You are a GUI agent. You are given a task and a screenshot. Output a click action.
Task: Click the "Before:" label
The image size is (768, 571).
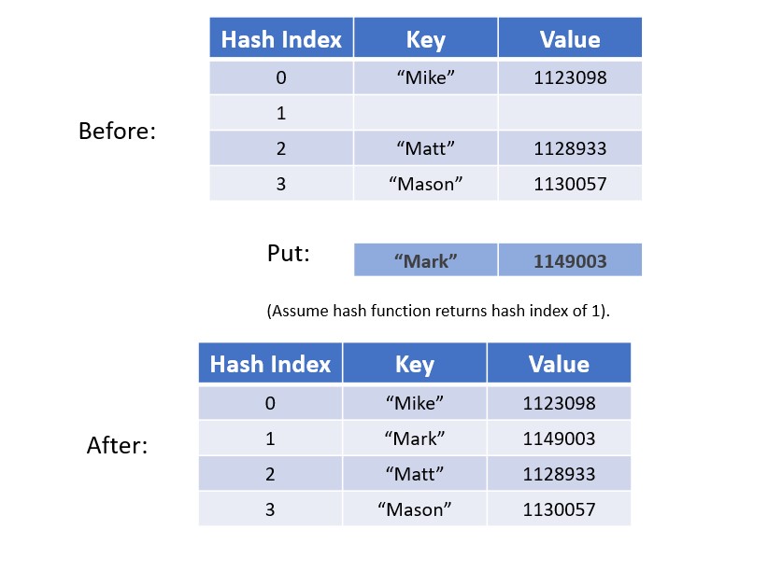[x=117, y=132]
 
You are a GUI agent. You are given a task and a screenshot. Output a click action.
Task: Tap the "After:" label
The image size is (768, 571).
[x=117, y=445]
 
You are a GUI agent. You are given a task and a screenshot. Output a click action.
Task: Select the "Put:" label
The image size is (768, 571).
[x=289, y=254]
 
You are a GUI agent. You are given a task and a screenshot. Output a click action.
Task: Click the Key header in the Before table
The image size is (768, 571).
[x=426, y=39]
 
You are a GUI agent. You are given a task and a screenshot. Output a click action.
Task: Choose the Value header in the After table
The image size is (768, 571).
[x=559, y=364]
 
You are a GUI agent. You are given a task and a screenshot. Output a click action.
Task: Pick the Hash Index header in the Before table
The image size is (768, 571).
[x=281, y=39]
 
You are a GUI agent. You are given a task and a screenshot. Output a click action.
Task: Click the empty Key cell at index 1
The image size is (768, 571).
[x=426, y=113]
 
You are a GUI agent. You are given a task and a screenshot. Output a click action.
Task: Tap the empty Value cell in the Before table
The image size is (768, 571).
[x=570, y=113]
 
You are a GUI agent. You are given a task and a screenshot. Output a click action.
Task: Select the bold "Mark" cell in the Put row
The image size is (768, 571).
[x=426, y=261]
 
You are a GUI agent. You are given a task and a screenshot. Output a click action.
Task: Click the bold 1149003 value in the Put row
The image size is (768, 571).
[x=570, y=261]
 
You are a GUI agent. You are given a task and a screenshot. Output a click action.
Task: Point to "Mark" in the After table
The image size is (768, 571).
[x=415, y=439]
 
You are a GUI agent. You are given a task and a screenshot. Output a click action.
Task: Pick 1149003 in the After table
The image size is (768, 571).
[x=559, y=439]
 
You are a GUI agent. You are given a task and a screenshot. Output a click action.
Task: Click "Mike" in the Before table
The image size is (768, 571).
[x=426, y=77]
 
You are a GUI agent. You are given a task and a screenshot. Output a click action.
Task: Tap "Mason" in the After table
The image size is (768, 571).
[x=415, y=509]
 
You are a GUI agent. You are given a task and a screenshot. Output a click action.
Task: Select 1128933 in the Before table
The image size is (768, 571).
[x=570, y=148]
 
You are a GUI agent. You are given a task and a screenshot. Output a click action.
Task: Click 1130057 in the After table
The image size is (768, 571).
[x=559, y=509]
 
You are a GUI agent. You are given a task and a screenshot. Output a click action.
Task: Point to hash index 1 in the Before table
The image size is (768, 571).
[x=281, y=113]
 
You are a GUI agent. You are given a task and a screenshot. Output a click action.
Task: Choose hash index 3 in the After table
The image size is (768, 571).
[x=270, y=509]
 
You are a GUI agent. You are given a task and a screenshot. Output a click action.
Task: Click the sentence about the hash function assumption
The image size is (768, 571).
[x=438, y=311]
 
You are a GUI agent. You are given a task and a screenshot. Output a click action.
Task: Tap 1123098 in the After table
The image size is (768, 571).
[x=559, y=403]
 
